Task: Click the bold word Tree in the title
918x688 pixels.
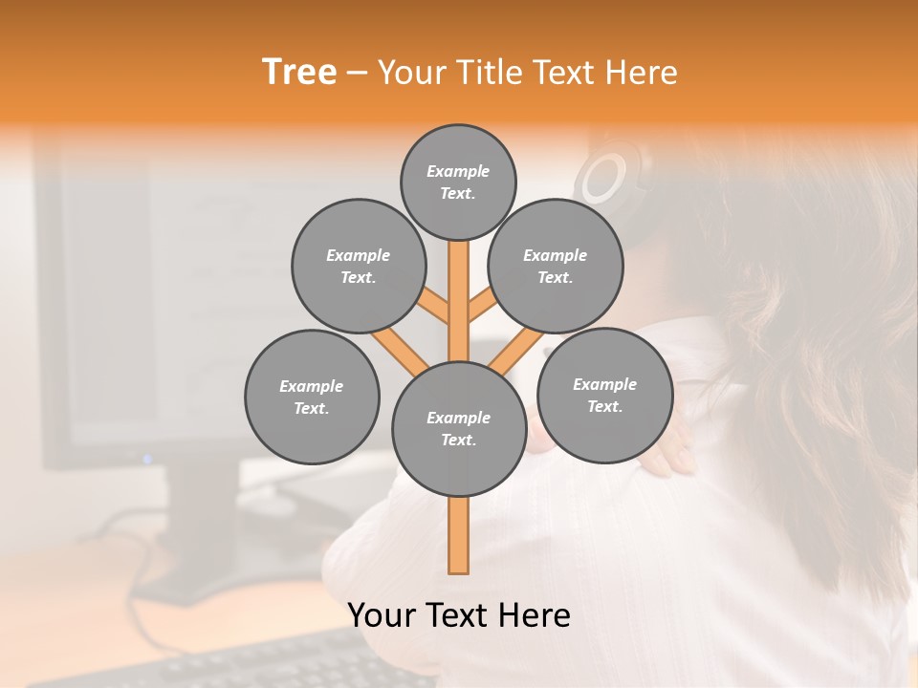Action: (x=299, y=73)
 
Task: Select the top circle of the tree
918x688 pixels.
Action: (x=458, y=182)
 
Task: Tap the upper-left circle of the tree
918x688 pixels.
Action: (x=358, y=266)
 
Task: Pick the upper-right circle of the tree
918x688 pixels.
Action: (x=555, y=266)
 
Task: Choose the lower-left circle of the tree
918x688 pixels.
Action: (x=312, y=397)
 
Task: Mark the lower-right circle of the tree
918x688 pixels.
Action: (x=604, y=395)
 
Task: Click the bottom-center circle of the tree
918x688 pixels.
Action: (x=459, y=428)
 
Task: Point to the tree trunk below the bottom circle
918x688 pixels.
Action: (x=459, y=535)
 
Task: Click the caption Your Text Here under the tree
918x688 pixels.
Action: (x=459, y=615)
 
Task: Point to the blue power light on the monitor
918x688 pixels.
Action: (x=147, y=460)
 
